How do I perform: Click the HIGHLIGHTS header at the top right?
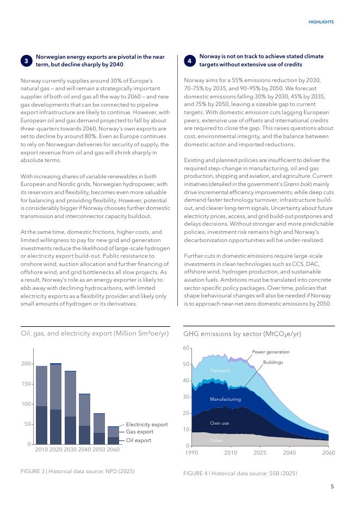click(x=321, y=22)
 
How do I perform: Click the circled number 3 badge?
click(x=27, y=61)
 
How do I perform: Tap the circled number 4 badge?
click(x=189, y=61)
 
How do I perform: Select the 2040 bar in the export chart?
click(x=84, y=419)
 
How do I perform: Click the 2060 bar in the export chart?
click(x=113, y=435)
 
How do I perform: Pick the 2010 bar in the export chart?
click(x=41, y=405)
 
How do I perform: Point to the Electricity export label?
click(x=147, y=425)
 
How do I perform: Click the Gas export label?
click(x=140, y=432)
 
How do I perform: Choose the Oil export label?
click(x=139, y=440)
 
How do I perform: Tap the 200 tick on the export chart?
click(x=26, y=364)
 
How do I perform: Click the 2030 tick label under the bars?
click(x=70, y=450)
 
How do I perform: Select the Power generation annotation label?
click(x=271, y=352)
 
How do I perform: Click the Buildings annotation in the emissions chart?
click(x=273, y=362)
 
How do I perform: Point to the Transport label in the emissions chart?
click(x=220, y=370)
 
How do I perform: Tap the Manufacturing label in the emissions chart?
click(x=225, y=399)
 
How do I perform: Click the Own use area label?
click(x=219, y=423)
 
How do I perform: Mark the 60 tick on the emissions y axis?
click(x=186, y=348)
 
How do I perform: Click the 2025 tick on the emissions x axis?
click(x=260, y=452)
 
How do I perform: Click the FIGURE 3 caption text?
click(x=77, y=471)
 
